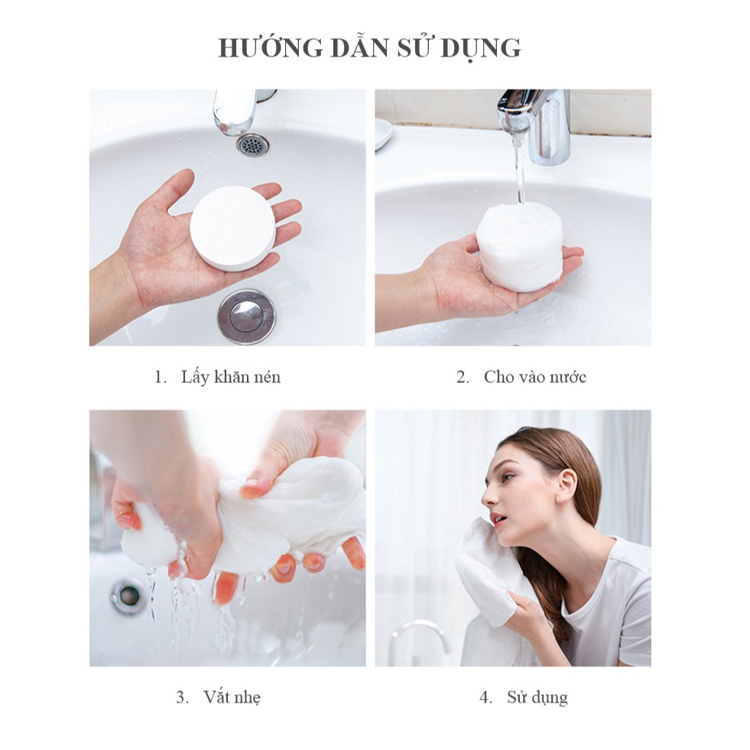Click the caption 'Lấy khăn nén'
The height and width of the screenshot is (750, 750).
[x=231, y=377]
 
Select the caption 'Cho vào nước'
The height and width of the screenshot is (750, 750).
[x=534, y=377]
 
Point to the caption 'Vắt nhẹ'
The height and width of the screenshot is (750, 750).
[x=232, y=697]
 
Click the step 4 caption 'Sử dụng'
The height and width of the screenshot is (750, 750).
[x=537, y=697]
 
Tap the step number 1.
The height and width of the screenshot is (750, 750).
[x=160, y=378]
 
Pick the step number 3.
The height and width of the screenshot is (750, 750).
[x=182, y=697]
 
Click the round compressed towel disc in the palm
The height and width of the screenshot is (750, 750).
[x=232, y=228]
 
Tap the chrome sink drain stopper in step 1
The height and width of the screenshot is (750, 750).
[x=246, y=317]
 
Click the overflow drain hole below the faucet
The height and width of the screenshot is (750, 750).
[x=253, y=144]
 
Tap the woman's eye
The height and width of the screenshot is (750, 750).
[x=508, y=476]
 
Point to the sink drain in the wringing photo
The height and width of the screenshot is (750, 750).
[x=127, y=596]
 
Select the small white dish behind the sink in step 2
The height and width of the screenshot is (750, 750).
[x=383, y=134]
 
